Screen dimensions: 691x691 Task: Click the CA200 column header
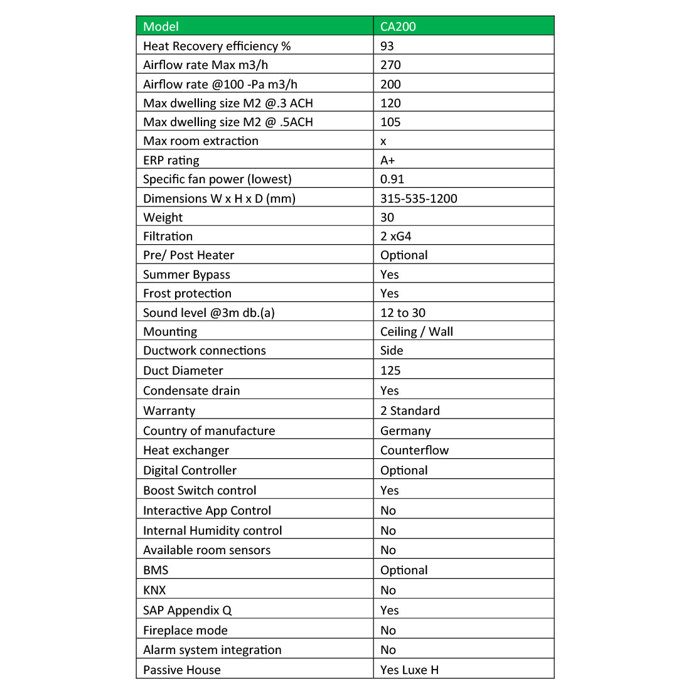coord(398,26)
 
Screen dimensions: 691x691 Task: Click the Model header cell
coord(161,26)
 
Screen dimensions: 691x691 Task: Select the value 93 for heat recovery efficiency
coord(387,46)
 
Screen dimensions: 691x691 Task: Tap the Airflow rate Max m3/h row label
coord(205,65)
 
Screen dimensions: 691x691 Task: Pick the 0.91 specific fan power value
coord(392,179)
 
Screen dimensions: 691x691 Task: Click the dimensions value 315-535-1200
coord(419,198)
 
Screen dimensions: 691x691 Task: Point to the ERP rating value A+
coord(388,160)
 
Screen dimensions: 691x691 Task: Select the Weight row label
coord(163,217)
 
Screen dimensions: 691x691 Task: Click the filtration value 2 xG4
coord(396,236)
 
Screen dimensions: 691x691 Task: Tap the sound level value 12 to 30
coord(403,313)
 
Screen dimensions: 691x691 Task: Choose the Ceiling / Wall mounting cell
coord(417,331)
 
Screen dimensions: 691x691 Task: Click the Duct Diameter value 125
coord(390,370)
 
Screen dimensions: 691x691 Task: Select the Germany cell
coord(405,431)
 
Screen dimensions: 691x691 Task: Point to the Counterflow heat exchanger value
coord(414,450)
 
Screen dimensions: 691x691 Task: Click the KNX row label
coord(154,590)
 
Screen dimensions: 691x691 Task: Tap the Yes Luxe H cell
coord(409,670)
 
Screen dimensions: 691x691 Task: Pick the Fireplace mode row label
coord(185,630)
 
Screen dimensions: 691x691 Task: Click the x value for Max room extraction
coord(383,141)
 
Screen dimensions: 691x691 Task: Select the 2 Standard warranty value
coord(410,410)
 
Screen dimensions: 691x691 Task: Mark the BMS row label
coord(156,570)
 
